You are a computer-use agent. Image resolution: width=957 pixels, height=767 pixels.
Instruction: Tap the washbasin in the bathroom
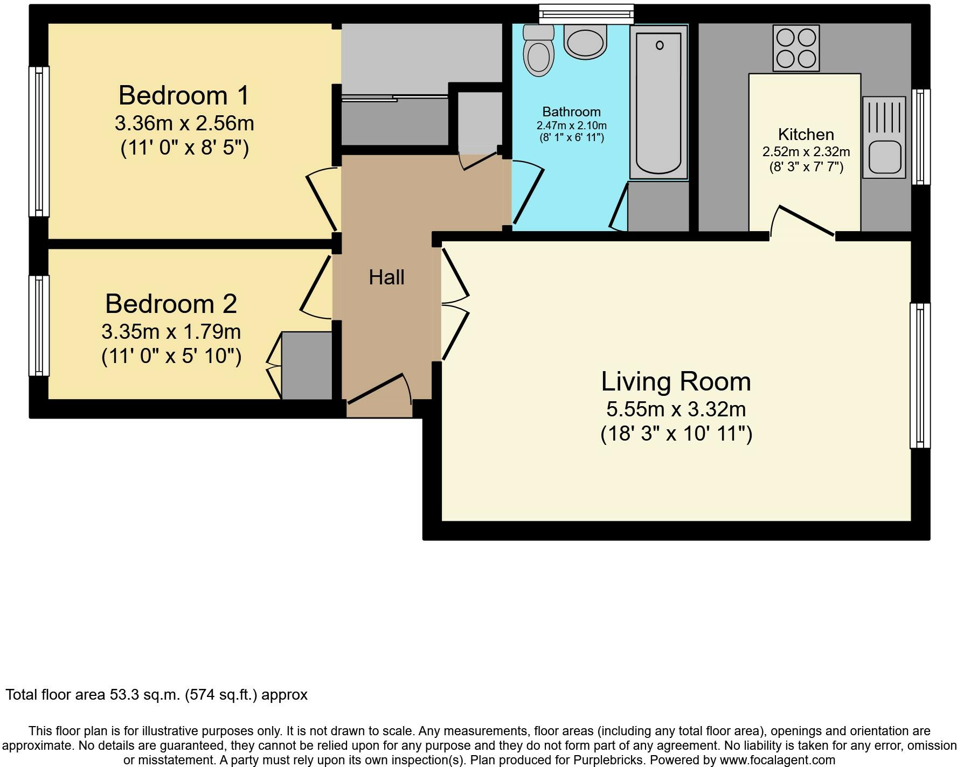(x=585, y=42)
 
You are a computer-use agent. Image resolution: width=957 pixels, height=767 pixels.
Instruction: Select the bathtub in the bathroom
(x=659, y=102)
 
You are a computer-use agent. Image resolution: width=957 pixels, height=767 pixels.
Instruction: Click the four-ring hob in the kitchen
(x=796, y=48)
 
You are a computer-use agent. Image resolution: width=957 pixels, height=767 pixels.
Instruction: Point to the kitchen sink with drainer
(x=884, y=137)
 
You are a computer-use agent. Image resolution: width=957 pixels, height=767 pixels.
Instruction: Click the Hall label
(x=386, y=277)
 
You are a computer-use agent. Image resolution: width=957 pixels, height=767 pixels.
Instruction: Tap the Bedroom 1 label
(x=184, y=95)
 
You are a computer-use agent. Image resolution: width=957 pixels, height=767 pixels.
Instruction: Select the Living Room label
(x=676, y=381)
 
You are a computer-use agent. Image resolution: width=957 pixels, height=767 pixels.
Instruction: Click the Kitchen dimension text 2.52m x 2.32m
(x=806, y=152)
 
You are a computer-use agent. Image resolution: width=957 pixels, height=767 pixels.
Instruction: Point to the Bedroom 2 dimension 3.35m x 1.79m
(x=171, y=331)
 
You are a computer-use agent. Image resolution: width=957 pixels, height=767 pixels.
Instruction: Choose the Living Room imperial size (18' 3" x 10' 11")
(x=676, y=433)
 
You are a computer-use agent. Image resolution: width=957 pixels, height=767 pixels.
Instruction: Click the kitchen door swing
(x=802, y=221)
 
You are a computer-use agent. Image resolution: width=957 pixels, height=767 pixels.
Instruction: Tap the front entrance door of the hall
(x=379, y=388)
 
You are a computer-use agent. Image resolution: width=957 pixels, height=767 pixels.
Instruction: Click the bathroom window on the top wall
(x=586, y=14)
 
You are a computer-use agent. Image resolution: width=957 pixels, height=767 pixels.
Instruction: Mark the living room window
(x=920, y=375)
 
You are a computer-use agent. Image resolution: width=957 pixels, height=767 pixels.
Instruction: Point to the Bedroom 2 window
(x=39, y=325)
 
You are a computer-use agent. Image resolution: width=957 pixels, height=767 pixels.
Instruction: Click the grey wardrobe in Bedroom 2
(x=307, y=366)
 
